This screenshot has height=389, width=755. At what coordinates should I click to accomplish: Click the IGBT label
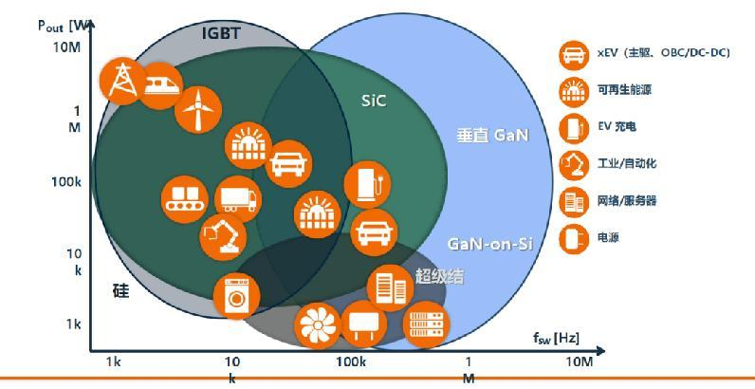tap(221, 34)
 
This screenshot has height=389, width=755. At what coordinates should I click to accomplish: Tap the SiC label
tap(374, 101)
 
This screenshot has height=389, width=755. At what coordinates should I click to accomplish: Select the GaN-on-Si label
tap(490, 244)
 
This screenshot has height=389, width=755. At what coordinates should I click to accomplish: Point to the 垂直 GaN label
tap(492, 136)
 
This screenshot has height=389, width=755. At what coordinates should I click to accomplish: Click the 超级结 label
tap(439, 276)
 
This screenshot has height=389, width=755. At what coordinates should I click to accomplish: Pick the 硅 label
tap(120, 290)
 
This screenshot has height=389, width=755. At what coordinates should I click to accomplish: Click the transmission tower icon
tap(122, 81)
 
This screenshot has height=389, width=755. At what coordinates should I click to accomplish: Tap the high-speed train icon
tap(161, 85)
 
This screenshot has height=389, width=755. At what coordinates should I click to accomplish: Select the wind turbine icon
tap(198, 110)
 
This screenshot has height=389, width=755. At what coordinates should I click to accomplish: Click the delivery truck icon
tap(238, 199)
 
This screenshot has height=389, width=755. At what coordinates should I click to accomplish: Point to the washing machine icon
tap(236, 296)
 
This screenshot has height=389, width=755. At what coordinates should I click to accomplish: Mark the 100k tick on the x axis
tap(351, 362)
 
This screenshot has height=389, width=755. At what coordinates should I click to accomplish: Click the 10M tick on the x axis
tap(580, 362)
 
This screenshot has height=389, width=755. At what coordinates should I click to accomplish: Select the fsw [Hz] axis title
tap(556, 338)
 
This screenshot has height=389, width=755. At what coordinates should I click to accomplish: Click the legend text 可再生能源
tap(624, 90)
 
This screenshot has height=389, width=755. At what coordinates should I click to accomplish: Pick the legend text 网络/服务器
tap(627, 200)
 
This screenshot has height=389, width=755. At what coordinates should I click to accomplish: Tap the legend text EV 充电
tap(617, 126)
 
